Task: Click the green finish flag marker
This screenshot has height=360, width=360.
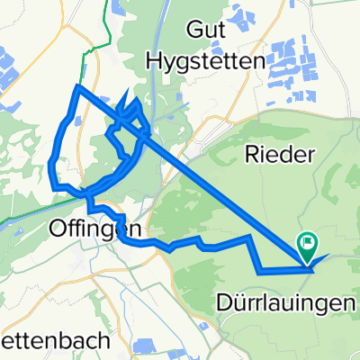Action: click(308, 240)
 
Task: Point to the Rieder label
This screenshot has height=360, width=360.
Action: click(278, 155)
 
